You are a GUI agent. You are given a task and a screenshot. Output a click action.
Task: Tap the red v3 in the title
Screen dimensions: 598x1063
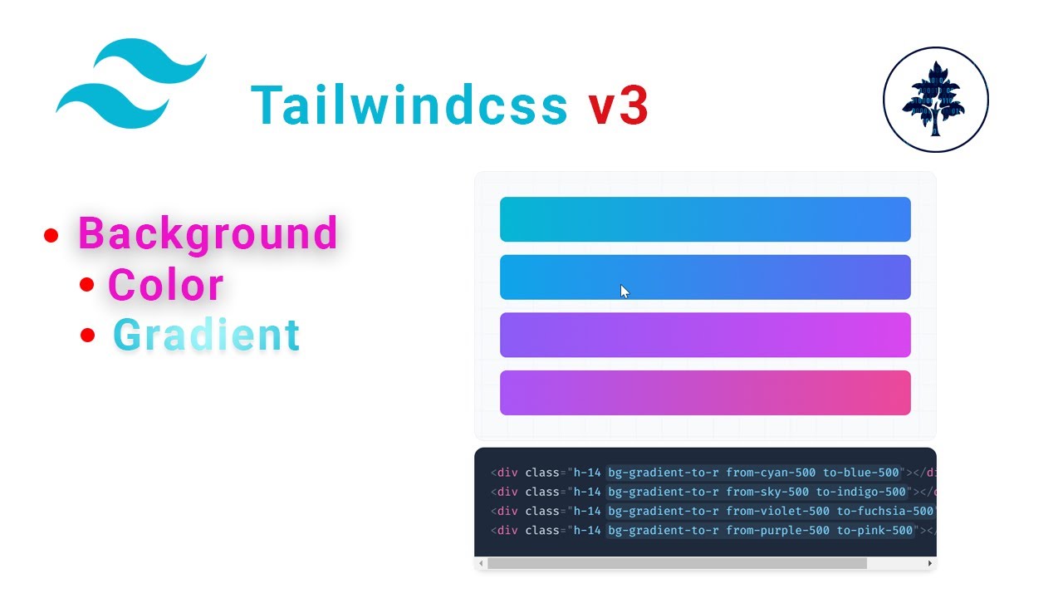[x=619, y=106]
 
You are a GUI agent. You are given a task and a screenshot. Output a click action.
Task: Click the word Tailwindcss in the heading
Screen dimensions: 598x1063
[x=409, y=106]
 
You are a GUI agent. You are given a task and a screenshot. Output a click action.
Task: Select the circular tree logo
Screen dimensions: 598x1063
[x=935, y=100]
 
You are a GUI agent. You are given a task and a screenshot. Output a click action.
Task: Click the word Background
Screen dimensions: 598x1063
[x=208, y=233]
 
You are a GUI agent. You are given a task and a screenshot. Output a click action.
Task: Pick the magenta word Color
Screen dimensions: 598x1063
[x=165, y=285]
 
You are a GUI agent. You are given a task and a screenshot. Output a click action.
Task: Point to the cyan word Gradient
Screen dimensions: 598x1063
[x=206, y=336]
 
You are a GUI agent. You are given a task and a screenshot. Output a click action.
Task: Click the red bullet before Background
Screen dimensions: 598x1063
[x=51, y=236]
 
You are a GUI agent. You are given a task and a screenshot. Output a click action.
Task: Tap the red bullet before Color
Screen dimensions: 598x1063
[x=87, y=285]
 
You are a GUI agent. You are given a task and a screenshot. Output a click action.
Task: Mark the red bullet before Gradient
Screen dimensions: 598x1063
[x=89, y=336]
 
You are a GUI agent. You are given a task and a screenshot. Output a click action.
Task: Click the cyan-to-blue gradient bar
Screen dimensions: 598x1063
[x=705, y=219]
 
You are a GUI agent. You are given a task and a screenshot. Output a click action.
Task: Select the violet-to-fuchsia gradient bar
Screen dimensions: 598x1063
[x=705, y=335]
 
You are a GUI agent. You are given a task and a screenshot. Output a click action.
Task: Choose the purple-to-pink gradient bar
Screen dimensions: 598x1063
[x=705, y=393]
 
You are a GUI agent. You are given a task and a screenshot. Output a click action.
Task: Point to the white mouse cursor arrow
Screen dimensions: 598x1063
[x=625, y=291]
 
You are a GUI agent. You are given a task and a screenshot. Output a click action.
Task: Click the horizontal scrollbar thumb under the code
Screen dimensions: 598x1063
[x=677, y=563]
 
